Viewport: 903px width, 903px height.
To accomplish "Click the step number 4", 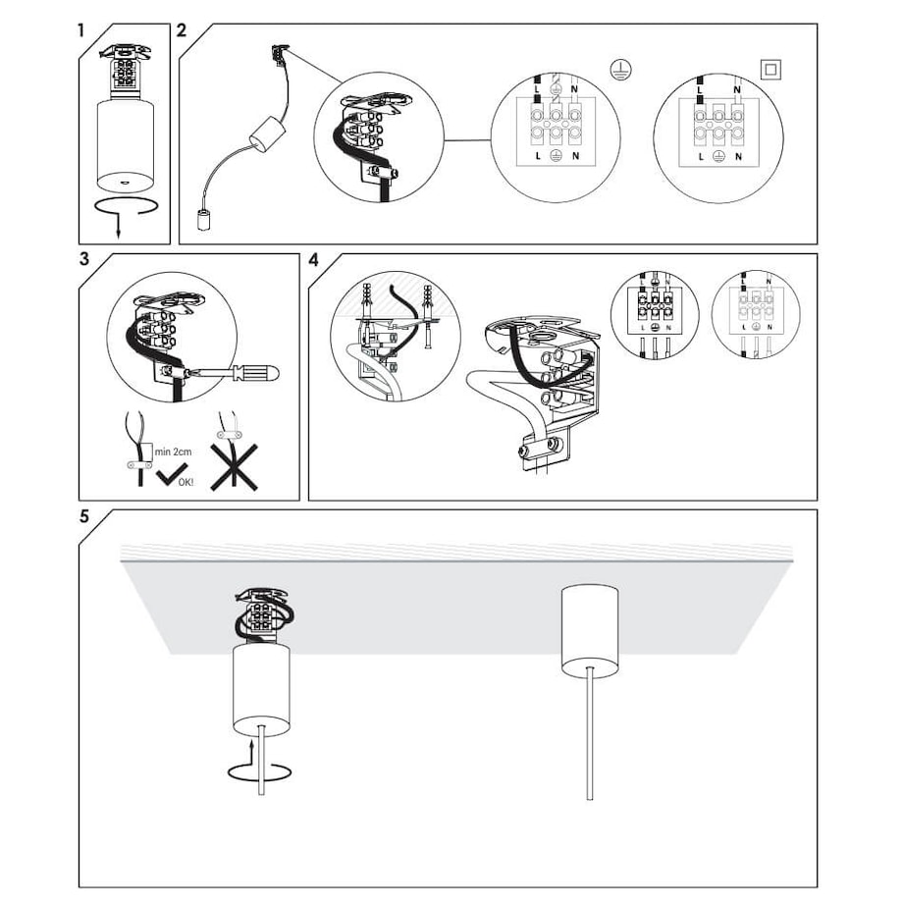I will [x=313, y=260].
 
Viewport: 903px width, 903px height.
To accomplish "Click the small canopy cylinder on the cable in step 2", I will [x=263, y=135].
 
